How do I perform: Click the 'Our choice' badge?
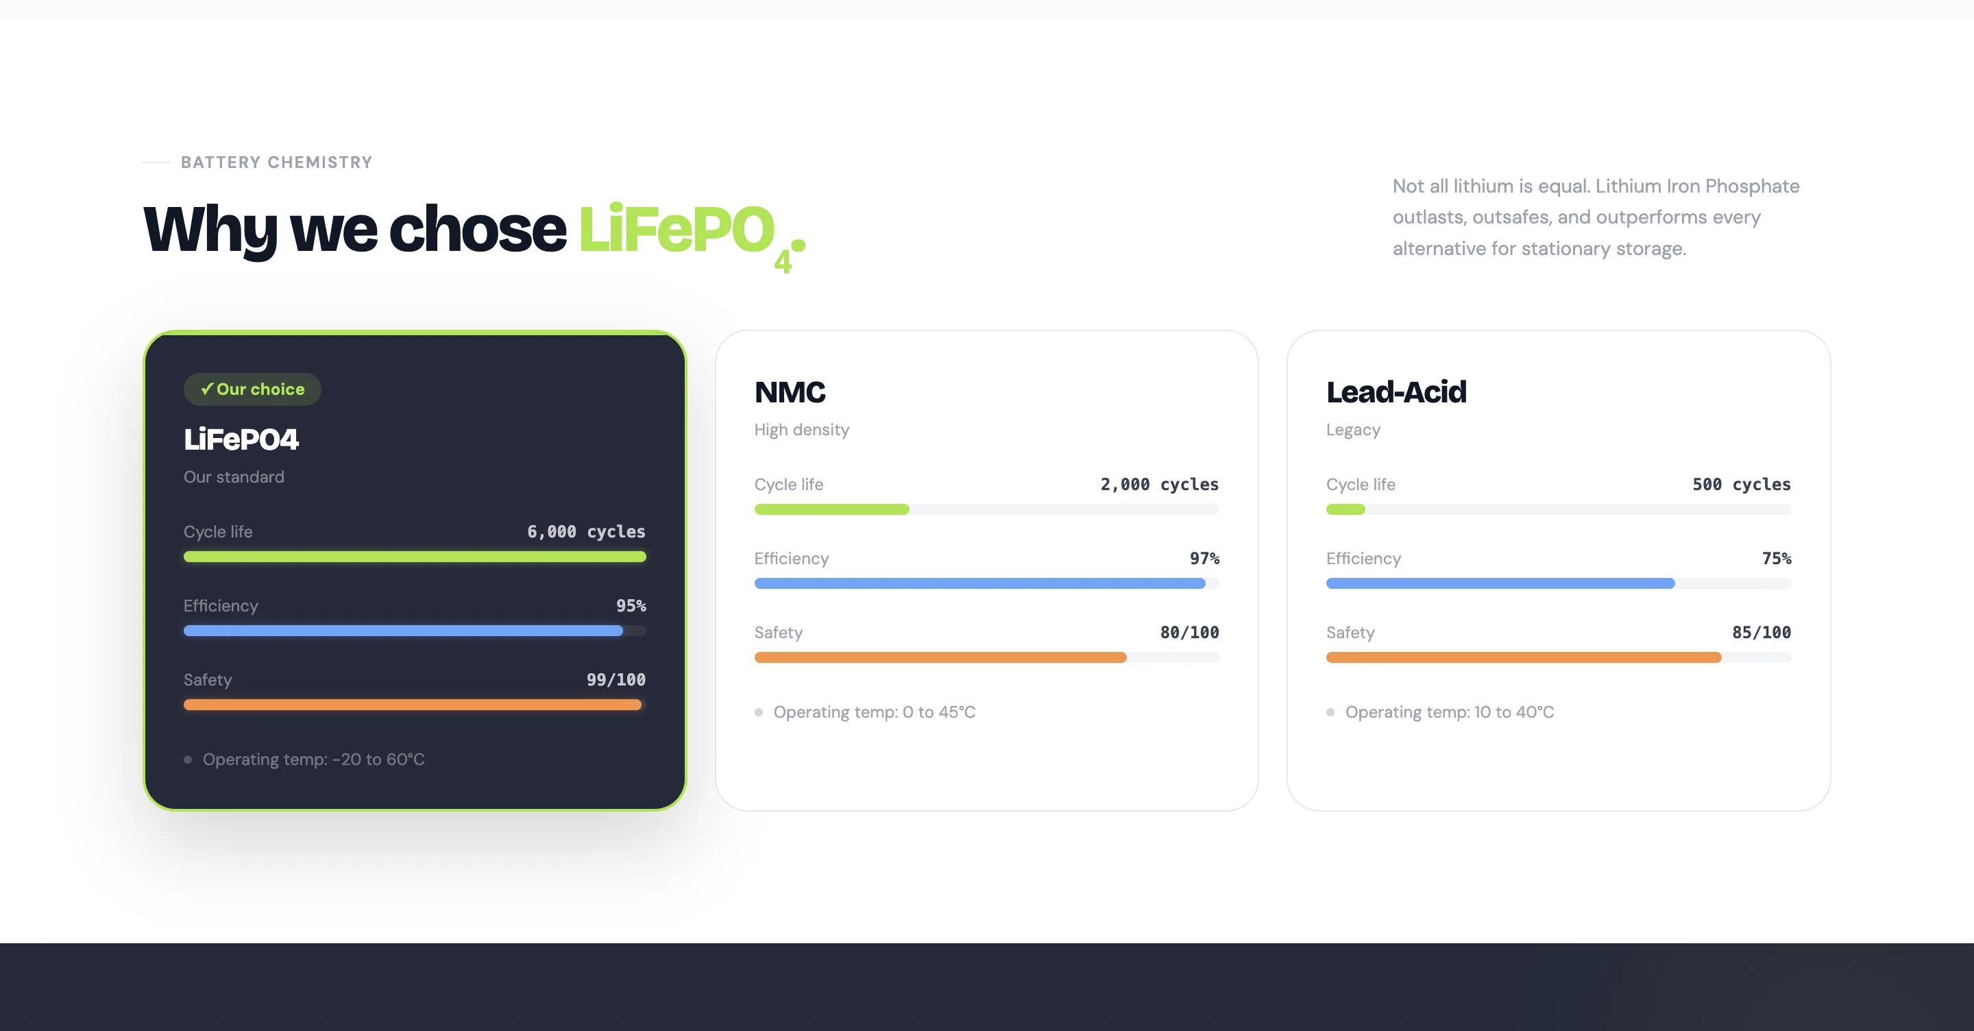pos(252,389)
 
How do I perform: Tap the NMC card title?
pos(790,393)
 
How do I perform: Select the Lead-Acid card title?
pos(1396,393)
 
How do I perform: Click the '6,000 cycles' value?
pos(585,532)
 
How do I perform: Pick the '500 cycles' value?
pos(1741,485)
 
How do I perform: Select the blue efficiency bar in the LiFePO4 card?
pos(402,631)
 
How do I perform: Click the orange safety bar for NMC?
pos(940,657)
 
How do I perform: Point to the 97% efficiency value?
pos(1204,559)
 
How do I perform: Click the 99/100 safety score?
pos(616,680)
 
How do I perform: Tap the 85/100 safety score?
pos(1761,633)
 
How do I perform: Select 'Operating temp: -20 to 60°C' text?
pos(313,760)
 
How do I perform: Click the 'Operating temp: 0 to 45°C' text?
pos(874,712)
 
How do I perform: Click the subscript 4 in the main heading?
pos(781,262)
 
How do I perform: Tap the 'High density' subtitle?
pos(801,430)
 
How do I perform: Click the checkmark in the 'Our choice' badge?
pos(206,389)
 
